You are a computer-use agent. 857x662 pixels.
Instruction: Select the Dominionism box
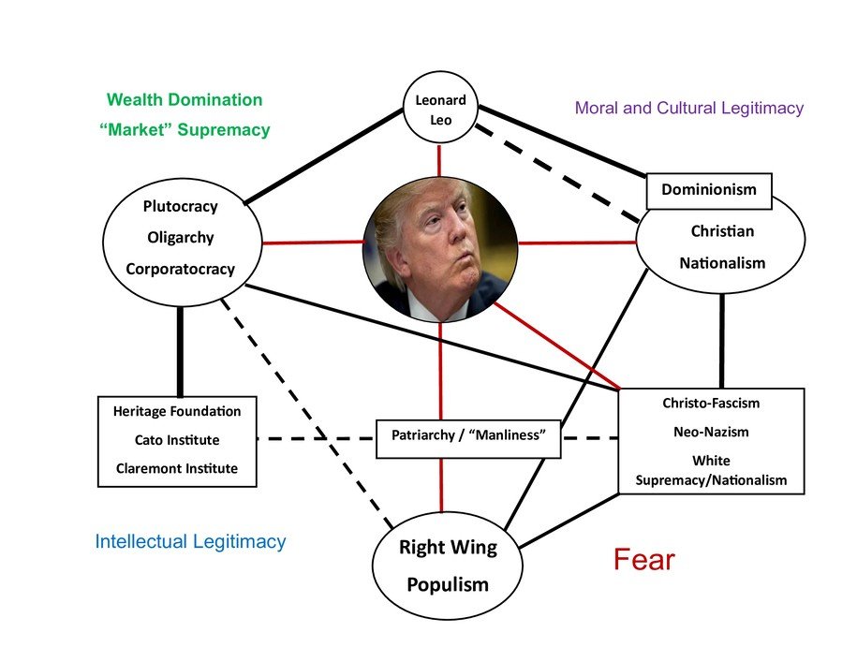click(709, 190)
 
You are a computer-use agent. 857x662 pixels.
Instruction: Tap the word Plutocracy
click(181, 206)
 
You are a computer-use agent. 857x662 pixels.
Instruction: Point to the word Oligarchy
click(181, 238)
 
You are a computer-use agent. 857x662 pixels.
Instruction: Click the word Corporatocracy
click(181, 270)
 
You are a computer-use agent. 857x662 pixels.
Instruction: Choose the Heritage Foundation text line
click(177, 411)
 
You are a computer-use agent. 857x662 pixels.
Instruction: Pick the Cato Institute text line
click(177, 440)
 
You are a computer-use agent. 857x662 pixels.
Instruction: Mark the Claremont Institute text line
click(177, 468)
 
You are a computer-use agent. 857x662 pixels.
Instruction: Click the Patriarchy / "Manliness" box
click(468, 437)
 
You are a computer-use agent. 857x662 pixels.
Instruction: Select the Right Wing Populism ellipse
click(448, 566)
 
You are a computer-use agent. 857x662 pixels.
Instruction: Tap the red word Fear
click(644, 560)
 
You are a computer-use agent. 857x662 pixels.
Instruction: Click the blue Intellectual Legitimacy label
click(190, 541)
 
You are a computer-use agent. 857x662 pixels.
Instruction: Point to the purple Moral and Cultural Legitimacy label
click(689, 108)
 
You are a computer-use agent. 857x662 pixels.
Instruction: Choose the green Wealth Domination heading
click(185, 99)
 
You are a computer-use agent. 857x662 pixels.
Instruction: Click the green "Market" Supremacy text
click(185, 130)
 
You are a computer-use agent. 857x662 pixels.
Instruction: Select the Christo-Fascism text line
click(711, 404)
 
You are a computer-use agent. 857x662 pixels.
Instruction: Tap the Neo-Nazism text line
click(711, 433)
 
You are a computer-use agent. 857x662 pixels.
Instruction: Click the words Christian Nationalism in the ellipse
click(722, 246)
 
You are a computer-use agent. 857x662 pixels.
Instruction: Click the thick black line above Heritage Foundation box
click(180, 351)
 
